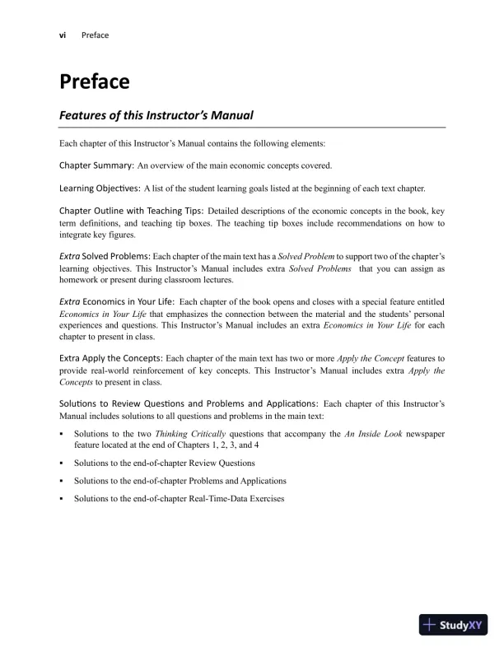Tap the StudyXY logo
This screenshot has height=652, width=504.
pos(454,625)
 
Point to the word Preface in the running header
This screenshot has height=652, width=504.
pos(96,35)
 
